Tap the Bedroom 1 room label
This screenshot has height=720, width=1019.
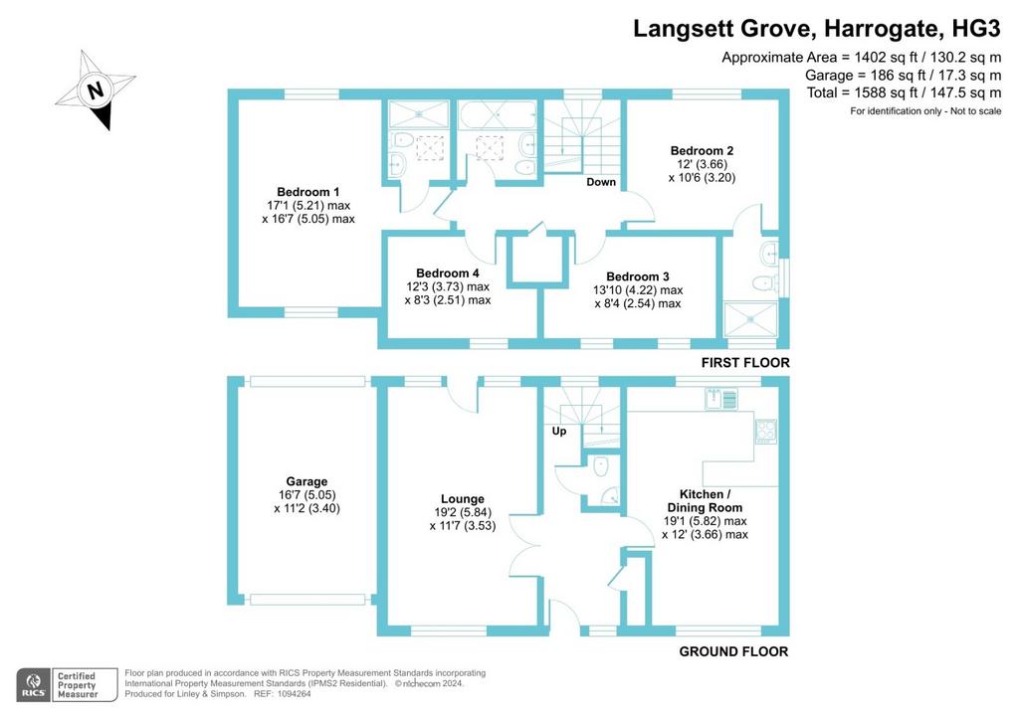(308, 192)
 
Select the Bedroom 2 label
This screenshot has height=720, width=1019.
(702, 150)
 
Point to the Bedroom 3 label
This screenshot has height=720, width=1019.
(638, 276)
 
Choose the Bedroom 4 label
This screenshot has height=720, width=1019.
(448, 273)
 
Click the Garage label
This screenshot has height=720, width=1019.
(306, 481)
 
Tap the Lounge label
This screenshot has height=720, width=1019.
(463, 499)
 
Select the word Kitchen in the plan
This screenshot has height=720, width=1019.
(702, 494)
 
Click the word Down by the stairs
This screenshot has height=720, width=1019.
(601, 182)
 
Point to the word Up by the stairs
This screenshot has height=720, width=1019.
(559, 431)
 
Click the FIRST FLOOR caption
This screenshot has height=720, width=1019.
(745, 363)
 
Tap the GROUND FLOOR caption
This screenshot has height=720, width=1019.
(733, 651)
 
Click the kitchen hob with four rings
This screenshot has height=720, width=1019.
(765, 431)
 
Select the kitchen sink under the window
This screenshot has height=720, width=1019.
(721, 398)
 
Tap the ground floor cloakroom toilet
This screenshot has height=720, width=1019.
(601, 464)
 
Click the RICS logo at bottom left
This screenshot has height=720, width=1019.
(33, 684)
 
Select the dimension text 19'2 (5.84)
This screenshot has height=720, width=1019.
(463, 512)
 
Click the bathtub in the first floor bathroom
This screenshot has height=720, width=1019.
(498, 115)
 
